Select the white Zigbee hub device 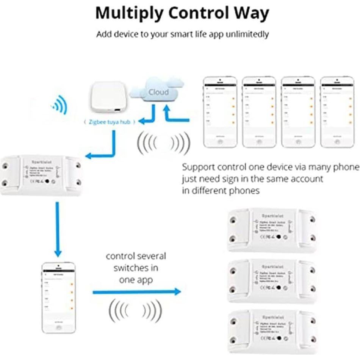pyautogui.click(x=106, y=100)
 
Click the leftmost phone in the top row pyautogui.click(x=220, y=112)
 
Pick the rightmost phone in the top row pyautogui.click(x=337, y=112)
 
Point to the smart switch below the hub pyautogui.click(x=42, y=175)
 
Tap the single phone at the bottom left pyautogui.click(x=58, y=297)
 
